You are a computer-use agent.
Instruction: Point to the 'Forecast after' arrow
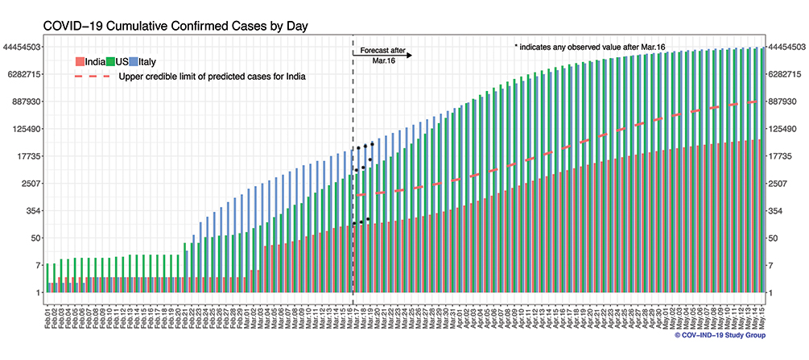[x=382, y=56]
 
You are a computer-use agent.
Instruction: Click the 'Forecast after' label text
[x=382, y=49]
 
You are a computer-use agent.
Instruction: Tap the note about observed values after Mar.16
[x=595, y=48]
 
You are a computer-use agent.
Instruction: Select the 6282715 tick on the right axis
[x=786, y=74]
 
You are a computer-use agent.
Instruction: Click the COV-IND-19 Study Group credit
[x=720, y=335]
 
